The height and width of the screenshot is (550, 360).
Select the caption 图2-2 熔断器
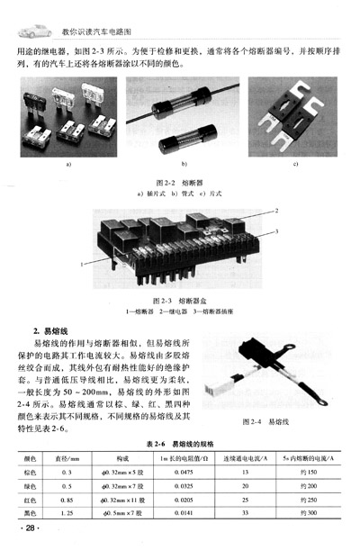tap(181, 181)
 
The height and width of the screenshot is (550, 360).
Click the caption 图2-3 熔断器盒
tap(181, 302)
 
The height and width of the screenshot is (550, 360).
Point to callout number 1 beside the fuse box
tap(83, 264)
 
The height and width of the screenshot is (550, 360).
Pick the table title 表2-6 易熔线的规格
tap(180, 443)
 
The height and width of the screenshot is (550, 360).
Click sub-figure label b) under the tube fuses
tap(183, 166)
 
